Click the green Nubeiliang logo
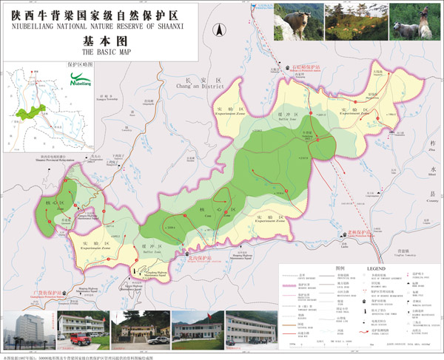pos(81,79)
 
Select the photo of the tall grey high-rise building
pos(27,330)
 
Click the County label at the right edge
pos(432,197)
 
